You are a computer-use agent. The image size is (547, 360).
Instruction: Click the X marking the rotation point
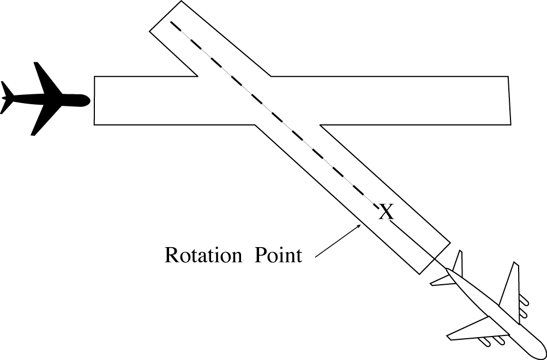pyautogui.click(x=386, y=212)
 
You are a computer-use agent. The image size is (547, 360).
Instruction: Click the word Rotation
pyautogui.click(x=204, y=255)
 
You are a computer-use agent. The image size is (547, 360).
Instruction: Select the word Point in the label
pyautogui.click(x=278, y=255)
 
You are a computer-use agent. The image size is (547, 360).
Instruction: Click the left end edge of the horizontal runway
pyautogui.click(x=94, y=100)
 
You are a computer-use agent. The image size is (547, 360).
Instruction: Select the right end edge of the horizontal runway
pyautogui.click(x=509, y=100)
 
